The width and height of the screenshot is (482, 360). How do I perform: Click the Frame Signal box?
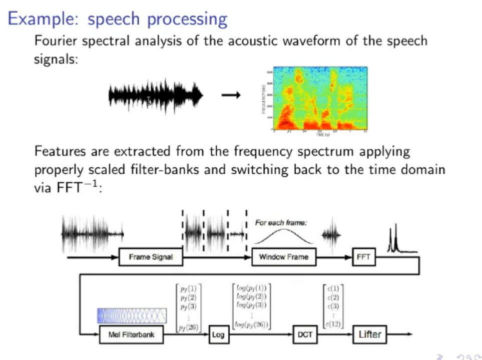coord(151,257)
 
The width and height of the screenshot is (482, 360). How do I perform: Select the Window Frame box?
coord(283,257)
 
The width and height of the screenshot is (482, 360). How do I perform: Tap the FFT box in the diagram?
coord(363,257)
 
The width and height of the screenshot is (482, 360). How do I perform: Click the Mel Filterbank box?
coord(132,334)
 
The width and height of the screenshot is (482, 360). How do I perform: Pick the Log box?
coord(218,334)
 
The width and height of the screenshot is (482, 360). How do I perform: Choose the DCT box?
coord(305,334)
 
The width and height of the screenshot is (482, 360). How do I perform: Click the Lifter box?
coord(370,334)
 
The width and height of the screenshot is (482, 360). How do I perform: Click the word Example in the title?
coord(44,19)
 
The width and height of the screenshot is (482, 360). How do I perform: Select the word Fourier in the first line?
coord(55,41)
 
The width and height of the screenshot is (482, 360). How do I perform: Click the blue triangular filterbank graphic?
coord(132,314)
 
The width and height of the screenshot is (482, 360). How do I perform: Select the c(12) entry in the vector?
coord(334,324)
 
